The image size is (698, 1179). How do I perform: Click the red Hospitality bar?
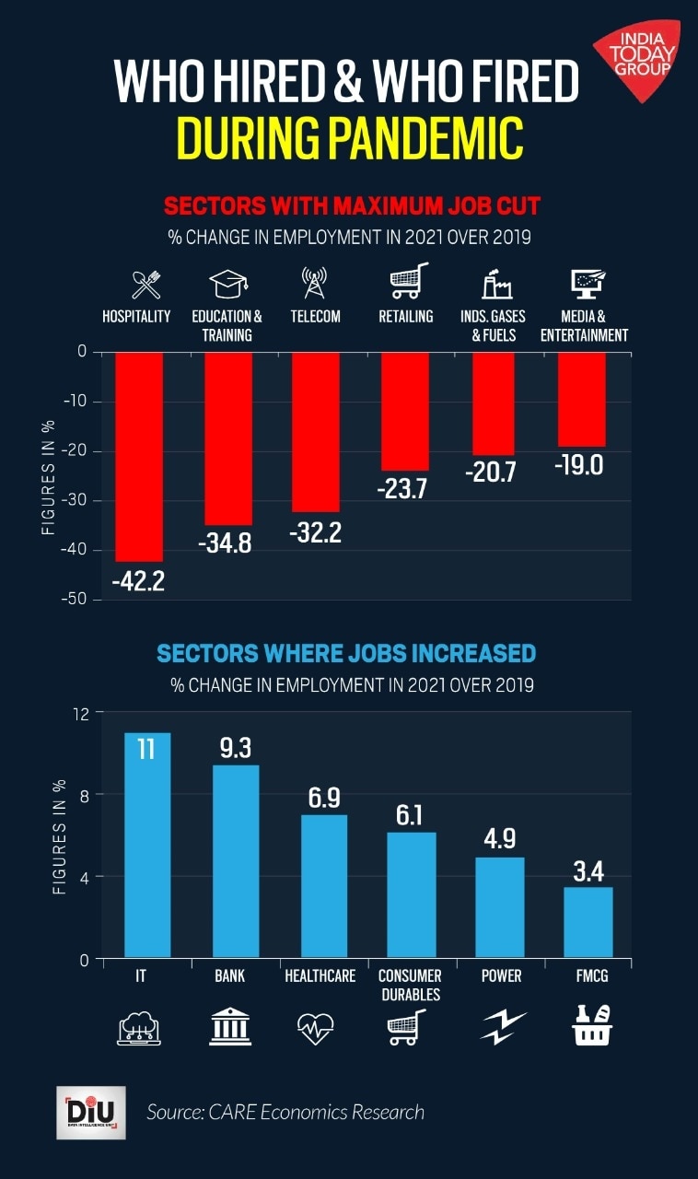pyautogui.click(x=139, y=456)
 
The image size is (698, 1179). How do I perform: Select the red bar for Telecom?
pyautogui.click(x=316, y=431)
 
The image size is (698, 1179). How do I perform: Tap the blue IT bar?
pyautogui.click(x=147, y=845)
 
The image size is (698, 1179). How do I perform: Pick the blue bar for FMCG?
pyautogui.click(x=588, y=921)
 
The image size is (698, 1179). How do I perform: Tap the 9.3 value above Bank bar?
pyautogui.click(x=235, y=747)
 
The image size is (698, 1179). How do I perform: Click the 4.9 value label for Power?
pyautogui.click(x=499, y=839)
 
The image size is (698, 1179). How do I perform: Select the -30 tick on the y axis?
pyautogui.click(x=72, y=500)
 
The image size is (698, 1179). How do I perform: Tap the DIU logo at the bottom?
pyautogui.click(x=90, y=1112)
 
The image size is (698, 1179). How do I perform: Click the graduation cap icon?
pyautogui.click(x=227, y=285)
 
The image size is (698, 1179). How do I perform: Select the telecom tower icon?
pyautogui.click(x=314, y=283)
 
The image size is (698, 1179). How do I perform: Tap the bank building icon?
pyautogui.click(x=230, y=1026)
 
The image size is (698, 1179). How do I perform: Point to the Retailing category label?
pyautogui.click(x=406, y=317)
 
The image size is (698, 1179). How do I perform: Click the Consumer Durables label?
pyautogui.click(x=411, y=985)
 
